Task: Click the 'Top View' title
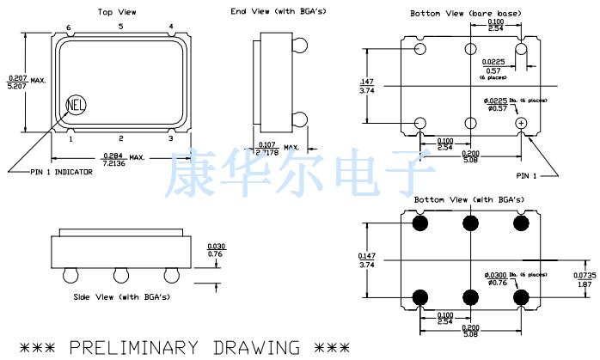(118, 12)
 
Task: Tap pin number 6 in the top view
(69, 28)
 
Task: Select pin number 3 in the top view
(170, 137)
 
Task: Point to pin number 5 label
(120, 28)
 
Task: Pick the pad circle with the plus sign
(521, 123)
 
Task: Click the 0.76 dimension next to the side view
(217, 254)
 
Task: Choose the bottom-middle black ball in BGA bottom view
(470, 297)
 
